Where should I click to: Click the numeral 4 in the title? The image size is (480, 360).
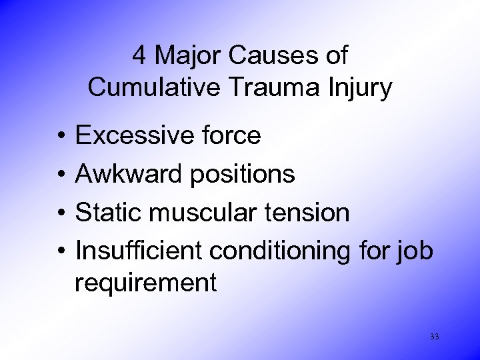[139, 56]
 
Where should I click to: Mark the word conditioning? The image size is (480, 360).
[291, 252]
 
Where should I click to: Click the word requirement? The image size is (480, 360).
[146, 283]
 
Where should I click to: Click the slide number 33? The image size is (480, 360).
[434, 337]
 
